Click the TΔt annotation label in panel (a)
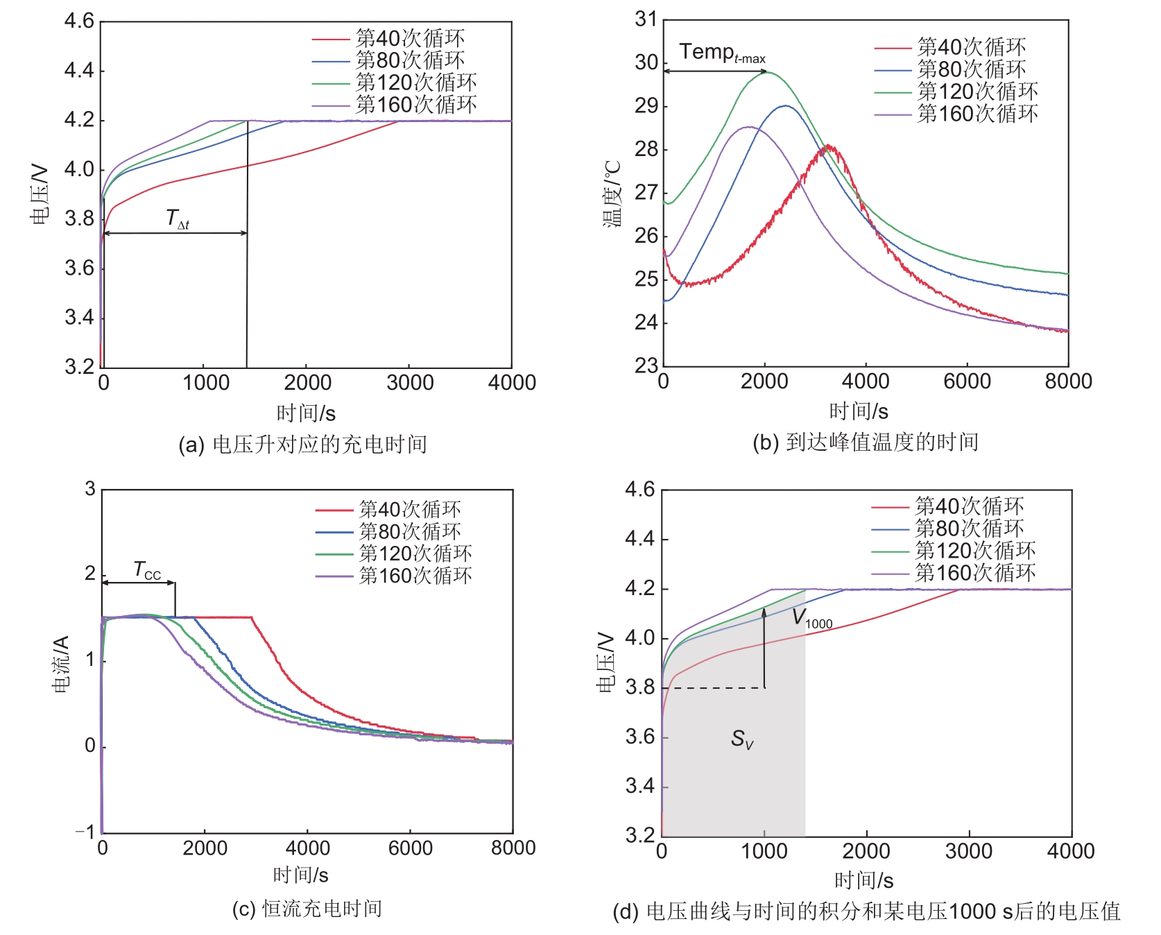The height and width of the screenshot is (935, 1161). point(177,219)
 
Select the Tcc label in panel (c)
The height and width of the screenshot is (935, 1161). point(147,571)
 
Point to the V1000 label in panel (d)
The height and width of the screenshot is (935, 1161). point(811,618)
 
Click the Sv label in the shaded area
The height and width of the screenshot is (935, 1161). point(741,739)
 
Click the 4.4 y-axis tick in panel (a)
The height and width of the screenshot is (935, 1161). point(79,71)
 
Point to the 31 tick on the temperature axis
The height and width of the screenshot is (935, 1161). point(646,19)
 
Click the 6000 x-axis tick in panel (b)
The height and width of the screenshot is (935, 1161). point(967,381)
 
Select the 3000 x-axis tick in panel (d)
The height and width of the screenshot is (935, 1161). point(969,851)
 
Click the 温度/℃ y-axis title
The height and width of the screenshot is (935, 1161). point(612,194)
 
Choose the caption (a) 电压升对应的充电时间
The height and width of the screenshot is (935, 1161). point(302,445)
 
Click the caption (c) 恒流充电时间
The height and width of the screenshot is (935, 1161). point(307,909)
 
